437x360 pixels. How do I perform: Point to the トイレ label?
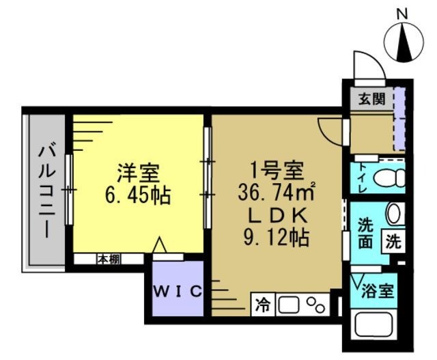click(x=360, y=177)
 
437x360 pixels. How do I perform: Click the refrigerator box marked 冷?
click(x=263, y=303)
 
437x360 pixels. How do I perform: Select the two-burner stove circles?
click(x=315, y=303)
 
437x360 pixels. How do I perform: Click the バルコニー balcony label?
click(x=47, y=189)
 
